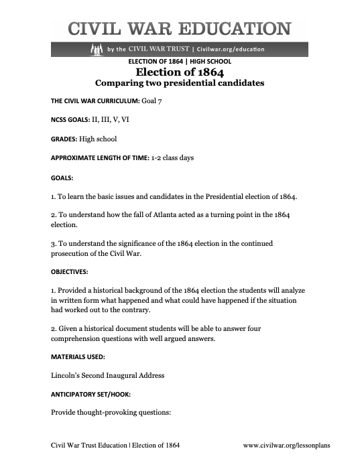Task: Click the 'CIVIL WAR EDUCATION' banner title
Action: [180, 29]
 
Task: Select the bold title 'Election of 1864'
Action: [179, 72]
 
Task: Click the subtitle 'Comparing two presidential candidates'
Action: [179, 84]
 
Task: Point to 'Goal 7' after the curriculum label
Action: [151, 100]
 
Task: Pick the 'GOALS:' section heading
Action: [62, 178]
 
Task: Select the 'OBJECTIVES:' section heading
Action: [70, 273]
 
